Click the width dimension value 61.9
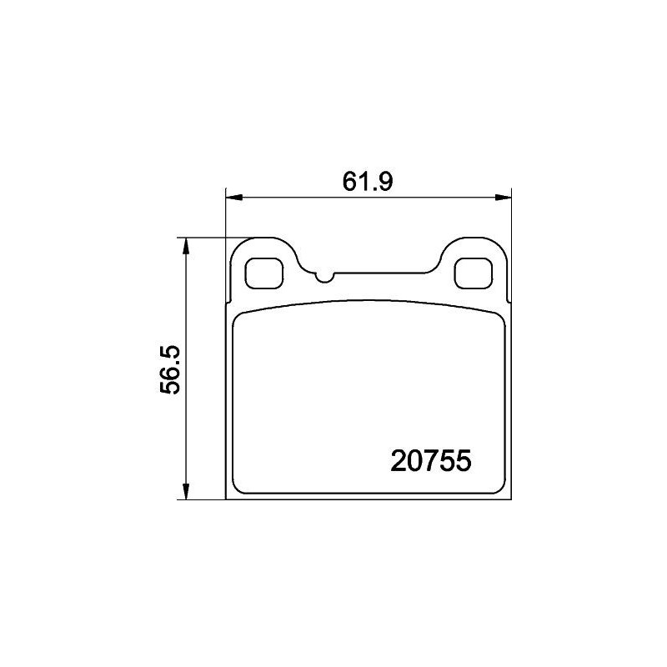[368, 180]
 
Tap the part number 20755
[431, 460]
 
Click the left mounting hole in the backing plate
[265, 272]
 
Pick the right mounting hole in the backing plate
[472, 272]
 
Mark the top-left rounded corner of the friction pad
[239, 316]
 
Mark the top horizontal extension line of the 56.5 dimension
[204, 237]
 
